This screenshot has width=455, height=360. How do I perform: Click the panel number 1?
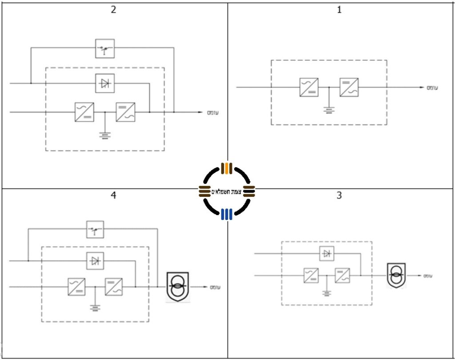click(x=339, y=10)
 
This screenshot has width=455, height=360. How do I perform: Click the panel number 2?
click(x=113, y=10)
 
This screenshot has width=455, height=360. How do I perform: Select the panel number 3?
click(x=339, y=196)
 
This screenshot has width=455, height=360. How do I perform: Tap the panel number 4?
click(x=113, y=196)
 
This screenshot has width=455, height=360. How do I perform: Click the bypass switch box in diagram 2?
click(x=105, y=48)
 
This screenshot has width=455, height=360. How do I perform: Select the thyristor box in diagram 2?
click(x=105, y=83)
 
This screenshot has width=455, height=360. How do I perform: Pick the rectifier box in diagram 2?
click(x=84, y=112)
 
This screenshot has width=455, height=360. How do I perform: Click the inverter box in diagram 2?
click(x=126, y=112)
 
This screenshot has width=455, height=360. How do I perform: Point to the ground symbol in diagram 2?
click(x=105, y=135)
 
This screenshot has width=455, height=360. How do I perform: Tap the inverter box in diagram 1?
click(x=349, y=88)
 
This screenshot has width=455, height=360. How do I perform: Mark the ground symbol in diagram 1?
click(x=328, y=109)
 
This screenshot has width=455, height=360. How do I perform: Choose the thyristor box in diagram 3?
click(x=327, y=254)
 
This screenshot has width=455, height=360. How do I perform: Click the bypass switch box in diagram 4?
click(x=95, y=229)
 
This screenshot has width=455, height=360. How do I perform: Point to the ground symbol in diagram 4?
click(x=95, y=307)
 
